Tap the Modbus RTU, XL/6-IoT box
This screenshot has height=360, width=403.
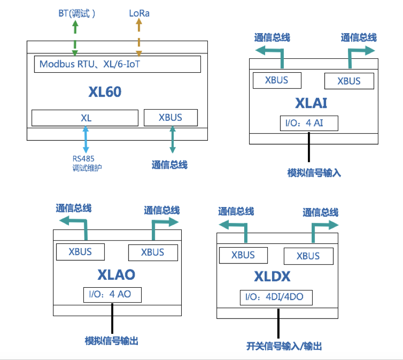[117, 64]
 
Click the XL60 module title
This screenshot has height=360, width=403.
[105, 92]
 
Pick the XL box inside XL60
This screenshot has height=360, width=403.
[85, 118]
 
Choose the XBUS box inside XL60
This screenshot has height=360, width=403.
[171, 118]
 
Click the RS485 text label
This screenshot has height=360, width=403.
[83, 159]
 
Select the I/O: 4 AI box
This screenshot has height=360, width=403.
[308, 123]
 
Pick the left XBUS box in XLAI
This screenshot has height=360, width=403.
[277, 80]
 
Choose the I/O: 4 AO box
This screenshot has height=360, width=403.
[112, 295]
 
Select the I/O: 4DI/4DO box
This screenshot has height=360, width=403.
[276, 298]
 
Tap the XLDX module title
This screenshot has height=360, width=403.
[273, 277]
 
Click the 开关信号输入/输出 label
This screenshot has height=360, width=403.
[284, 346]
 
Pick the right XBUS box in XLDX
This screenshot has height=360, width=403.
[308, 256]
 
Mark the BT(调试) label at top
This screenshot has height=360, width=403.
[77, 14]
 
